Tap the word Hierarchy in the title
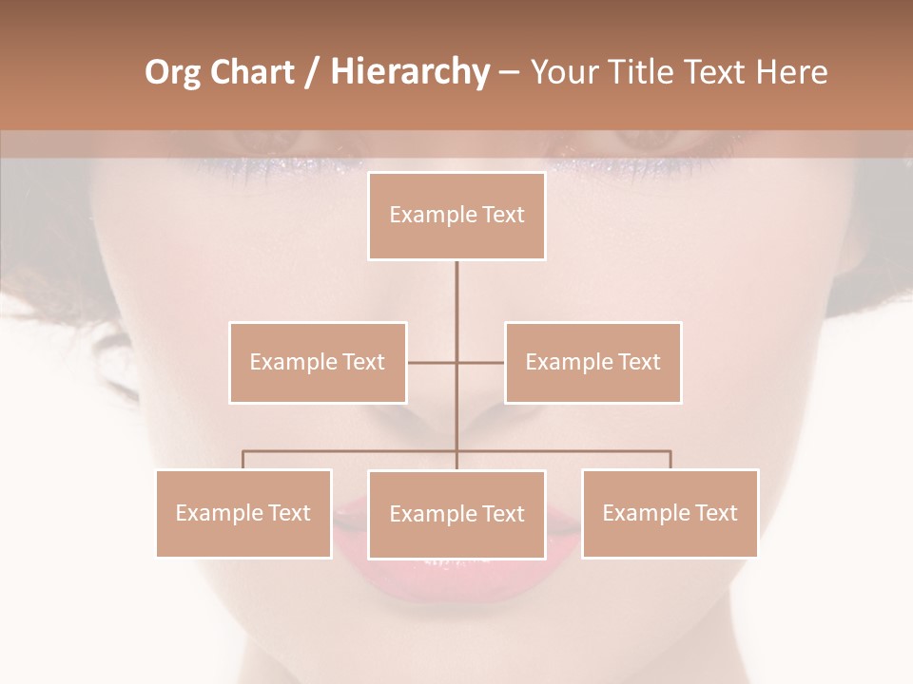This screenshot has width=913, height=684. coord(409,72)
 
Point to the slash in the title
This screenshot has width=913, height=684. coord(312,72)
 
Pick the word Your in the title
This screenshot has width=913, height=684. coord(563,72)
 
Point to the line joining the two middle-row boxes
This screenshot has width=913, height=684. coord(433,362)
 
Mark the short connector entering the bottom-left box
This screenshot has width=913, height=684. coord(243,460)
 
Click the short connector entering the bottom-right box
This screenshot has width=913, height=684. coord(670,460)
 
